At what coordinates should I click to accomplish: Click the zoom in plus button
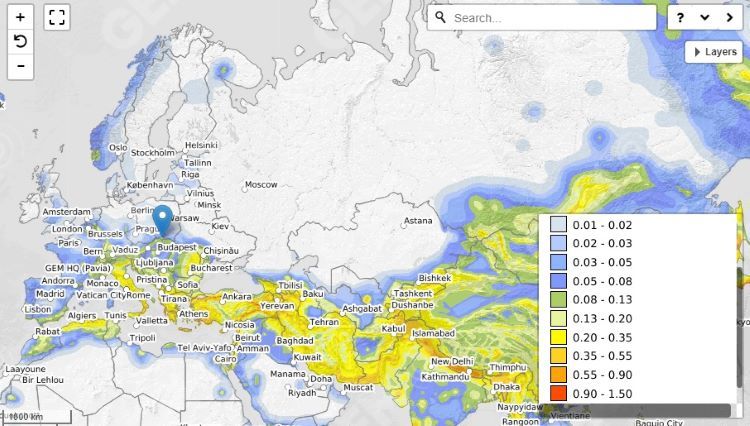[20, 17]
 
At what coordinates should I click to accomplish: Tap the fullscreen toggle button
[57, 17]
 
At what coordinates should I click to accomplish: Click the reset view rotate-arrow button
[20, 41]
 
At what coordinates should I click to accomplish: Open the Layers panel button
[713, 52]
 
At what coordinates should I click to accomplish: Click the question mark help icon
[681, 18]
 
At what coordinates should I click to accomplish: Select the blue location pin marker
[163, 219]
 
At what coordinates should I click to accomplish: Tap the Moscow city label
[261, 184]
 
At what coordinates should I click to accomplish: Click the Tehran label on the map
[324, 323]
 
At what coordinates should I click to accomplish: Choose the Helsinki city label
[201, 145]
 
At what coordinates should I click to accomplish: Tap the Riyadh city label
[302, 393]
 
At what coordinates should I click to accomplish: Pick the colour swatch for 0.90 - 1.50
[558, 394]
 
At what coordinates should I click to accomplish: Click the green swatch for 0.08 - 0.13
[558, 298]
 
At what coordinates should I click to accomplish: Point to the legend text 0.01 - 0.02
[603, 225]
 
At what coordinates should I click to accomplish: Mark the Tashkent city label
[413, 293]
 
